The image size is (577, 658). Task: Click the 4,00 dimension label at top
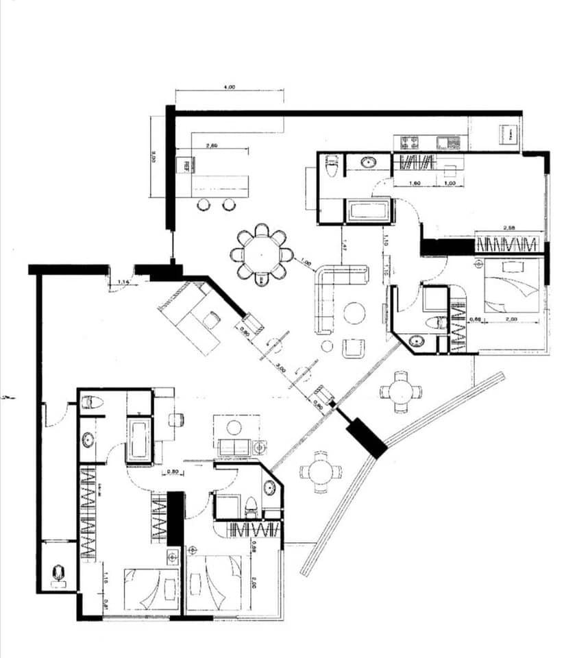(x=230, y=87)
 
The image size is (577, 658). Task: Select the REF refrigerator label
(x=184, y=165)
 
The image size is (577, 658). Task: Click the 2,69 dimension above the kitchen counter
(x=211, y=145)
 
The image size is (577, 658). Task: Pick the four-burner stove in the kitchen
(x=410, y=143)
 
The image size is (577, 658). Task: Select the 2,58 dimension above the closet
(x=509, y=228)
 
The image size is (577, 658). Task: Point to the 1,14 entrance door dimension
(x=123, y=282)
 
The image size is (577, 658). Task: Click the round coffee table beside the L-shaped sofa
(x=354, y=313)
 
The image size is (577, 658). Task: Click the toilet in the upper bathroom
(x=332, y=165)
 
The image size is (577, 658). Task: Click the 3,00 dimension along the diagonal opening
(x=280, y=367)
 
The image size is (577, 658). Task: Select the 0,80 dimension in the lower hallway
(x=175, y=472)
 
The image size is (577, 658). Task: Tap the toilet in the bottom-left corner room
(x=59, y=572)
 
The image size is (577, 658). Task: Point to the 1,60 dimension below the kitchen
(x=414, y=184)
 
